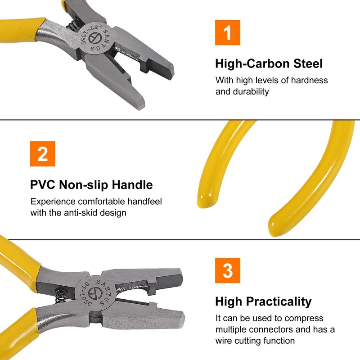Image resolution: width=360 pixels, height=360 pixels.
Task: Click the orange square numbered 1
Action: click(228, 32)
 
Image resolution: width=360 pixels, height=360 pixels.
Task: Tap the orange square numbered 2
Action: click(42, 154)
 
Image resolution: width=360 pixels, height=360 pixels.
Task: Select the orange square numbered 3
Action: click(228, 270)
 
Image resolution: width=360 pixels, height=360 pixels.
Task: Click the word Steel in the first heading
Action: click(308, 63)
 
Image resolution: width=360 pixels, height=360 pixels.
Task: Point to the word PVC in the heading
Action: click(42, 185)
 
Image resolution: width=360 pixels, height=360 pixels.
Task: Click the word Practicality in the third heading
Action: click(279, 302)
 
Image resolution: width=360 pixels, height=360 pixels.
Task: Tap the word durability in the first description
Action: click(251, 92)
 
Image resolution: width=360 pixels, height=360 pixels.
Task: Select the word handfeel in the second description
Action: click(144, 202)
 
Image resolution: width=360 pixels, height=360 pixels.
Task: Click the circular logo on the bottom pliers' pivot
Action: click(95, 293)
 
